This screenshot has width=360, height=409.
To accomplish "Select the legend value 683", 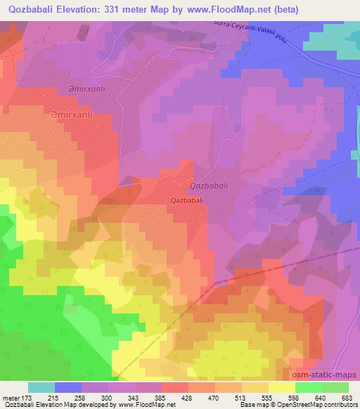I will pyautogui.click(x=347, y=396).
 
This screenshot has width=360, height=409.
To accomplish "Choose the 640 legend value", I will pyautogui.click(x=321, y=396).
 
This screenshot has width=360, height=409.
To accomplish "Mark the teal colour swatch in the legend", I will pyautogui.click(x=41, y=387).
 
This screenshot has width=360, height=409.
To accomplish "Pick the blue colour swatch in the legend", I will pyautogui.click(x=68, y=387).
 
